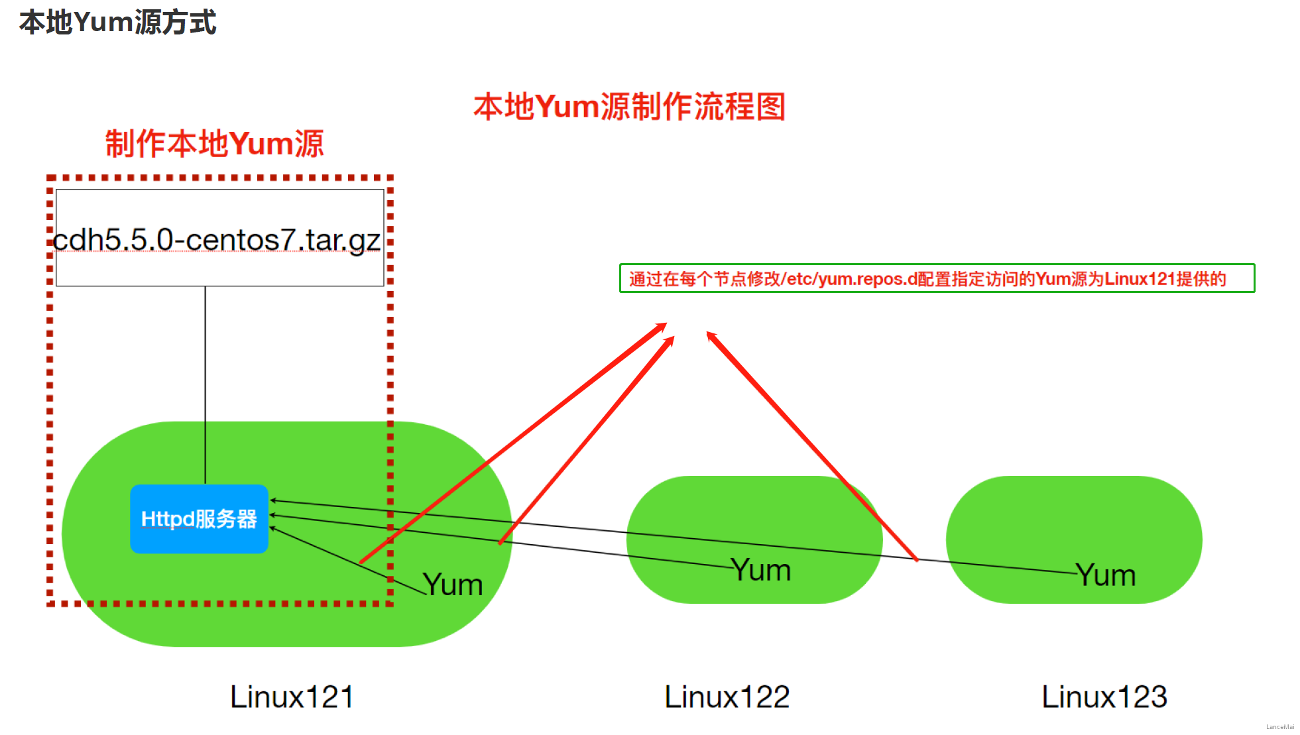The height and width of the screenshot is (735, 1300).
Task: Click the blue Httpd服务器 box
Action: pyautogui.click(x=199, y=519)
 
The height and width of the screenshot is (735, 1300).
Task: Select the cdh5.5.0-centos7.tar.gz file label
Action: pyautogui.click(x=217, y=240)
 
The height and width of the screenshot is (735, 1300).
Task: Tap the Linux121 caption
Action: pyautogui.click(x=292, y=697)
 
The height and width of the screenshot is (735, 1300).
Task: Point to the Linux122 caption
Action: pyautogui.click(x=727, y=697)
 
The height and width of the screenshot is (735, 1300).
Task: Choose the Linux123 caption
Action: pyautogui.click(x=1104, y=697)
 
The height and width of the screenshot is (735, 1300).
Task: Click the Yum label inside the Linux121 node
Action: pyautogui.click(x=453, y=585)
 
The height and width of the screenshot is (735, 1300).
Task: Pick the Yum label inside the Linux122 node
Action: pyautogui.click(x=761, y=571)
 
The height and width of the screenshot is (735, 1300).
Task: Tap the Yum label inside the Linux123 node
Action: pyautogui.click(x=1106, y=575)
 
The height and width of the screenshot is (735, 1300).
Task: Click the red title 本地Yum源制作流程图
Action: pyautogui.click(x=629, y=107)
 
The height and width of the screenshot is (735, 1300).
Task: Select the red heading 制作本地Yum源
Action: pyautogui.click(x=214, y=144)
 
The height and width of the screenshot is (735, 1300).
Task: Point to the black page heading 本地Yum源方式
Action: pyautogui.click(x=117, y=23)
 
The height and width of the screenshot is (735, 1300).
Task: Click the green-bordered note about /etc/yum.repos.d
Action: pyautogui.click(x=937, y=278)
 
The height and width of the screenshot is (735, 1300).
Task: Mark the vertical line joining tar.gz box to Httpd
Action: pyautogui.click(x=206, y=384)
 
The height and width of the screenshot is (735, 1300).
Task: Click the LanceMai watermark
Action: pyautogui.click(x=1279, y=727)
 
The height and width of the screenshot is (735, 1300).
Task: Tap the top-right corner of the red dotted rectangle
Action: pyautogui.click(x=390, y=178)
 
